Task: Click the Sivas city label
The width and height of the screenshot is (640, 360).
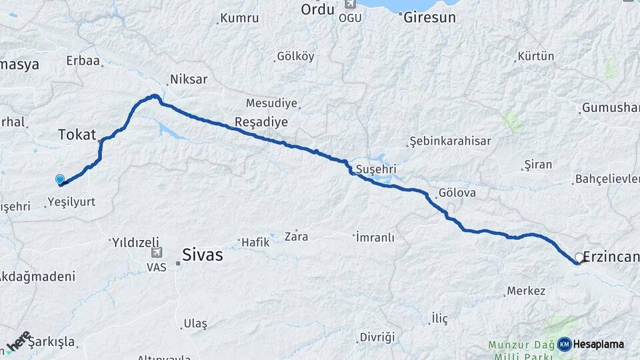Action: point(203,255)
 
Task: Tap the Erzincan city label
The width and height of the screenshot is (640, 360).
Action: point(611,256)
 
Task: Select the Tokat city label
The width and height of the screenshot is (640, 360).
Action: point(77,134)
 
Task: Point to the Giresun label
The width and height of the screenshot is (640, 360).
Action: point(430,18)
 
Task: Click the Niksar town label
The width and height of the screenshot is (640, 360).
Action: point(189,79)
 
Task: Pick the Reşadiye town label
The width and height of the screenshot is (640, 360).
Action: point(261,122)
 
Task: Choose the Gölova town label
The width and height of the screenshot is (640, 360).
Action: point(457,194)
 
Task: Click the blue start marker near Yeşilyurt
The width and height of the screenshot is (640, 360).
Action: point(60,179)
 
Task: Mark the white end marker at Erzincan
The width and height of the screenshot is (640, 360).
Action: point(579,257)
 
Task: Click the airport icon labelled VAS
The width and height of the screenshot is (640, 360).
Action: point(157,253)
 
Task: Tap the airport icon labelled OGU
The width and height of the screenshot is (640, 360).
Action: point(349,5)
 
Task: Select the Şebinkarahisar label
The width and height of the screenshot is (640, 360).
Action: point(450,141)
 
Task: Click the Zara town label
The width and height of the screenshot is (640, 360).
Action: point(296,236)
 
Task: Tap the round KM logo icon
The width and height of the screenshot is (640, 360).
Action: point(565,344)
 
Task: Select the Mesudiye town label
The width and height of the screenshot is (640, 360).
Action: point(271,103)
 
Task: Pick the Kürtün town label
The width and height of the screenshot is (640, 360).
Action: point(535,57)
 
